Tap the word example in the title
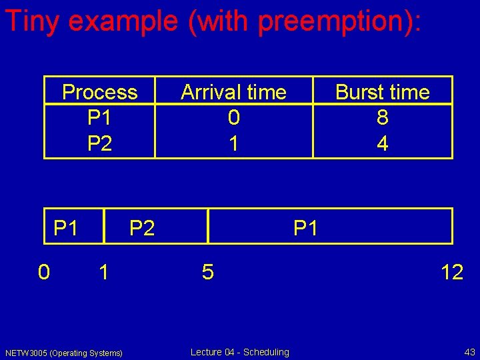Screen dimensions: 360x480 coord(123,21)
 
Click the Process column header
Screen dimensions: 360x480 coord(99,92)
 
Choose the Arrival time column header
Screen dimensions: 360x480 coord(233,92)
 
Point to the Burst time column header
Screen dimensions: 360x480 coord(382,92)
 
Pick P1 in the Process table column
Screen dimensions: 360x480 coord(99,117)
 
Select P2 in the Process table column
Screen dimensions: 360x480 coord(99,143)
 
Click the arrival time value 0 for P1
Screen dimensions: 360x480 coord(233,117)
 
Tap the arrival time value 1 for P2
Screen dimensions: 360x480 coord(233,143)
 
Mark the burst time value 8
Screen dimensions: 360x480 coord(382,117)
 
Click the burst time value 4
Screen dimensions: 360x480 coord(382,143)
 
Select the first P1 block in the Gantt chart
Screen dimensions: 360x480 coord(66,228)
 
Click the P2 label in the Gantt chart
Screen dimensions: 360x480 coord(142,228)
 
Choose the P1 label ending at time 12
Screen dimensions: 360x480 coord(306,228)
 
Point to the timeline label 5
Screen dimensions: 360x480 coord(208,272)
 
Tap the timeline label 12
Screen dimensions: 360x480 coord(451,272)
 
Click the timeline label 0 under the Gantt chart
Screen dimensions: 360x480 coord(43,272)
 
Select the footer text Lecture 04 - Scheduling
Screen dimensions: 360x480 coord(239,352)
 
